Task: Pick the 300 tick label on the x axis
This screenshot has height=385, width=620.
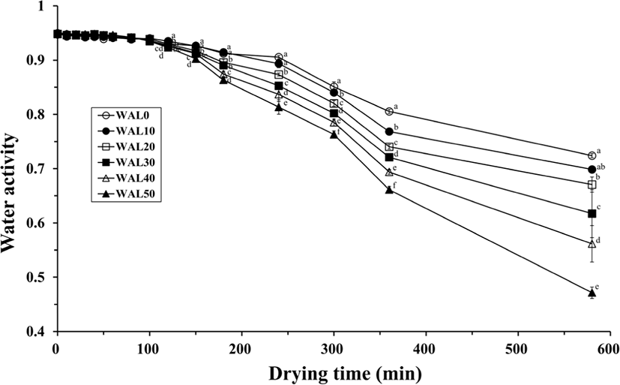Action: coord(333,349)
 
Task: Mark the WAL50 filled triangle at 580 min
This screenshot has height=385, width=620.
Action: coord(592,293)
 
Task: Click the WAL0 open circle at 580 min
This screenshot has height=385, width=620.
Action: coord(592,156)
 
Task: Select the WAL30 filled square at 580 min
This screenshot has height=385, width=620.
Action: coord(592,214)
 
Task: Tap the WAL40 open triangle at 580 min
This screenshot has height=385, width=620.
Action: coord(592,244)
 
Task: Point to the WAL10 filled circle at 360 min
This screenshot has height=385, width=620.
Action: coord(388,131)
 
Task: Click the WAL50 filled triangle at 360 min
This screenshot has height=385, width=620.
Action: coord(388,190)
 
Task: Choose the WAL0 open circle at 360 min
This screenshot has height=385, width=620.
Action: coord(388,111)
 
